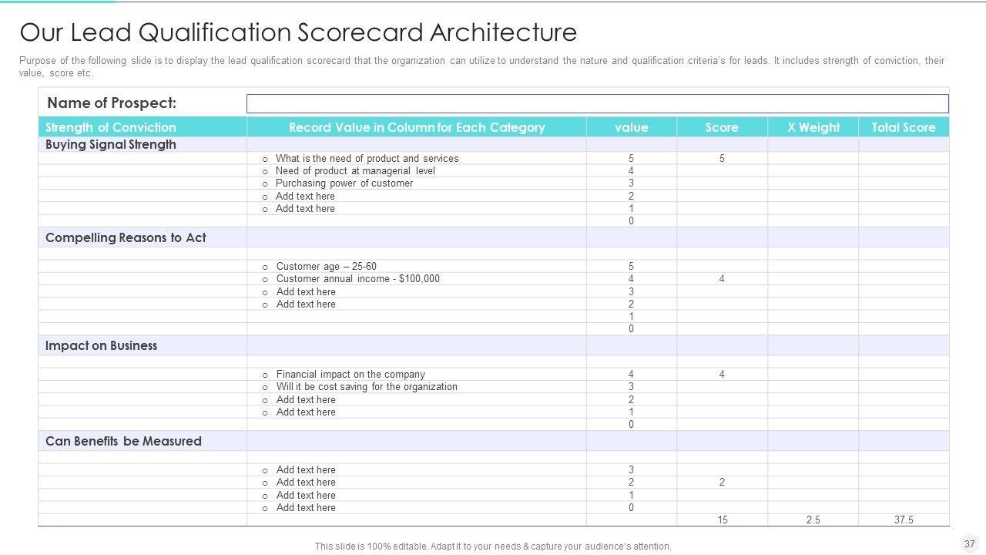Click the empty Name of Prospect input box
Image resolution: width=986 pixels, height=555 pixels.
click(x=597, y=104)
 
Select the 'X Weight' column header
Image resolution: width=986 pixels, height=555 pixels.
click(x=813, y=127)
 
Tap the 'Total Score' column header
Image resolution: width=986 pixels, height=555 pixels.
click(x=904, y=127)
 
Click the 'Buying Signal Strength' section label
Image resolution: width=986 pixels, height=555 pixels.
click(x=111, y=145)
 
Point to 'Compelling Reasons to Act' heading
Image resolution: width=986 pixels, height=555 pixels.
click(x=126, y=237)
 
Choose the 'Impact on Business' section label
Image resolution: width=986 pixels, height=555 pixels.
click(x=101, y=345)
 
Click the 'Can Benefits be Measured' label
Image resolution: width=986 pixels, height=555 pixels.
click(x=123, y=441)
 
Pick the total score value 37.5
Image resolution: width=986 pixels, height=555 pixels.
click(x=904, y=520)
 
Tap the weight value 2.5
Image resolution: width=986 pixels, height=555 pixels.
click(x=813, y=520)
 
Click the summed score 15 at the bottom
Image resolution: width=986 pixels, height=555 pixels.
click(x=722, y=520)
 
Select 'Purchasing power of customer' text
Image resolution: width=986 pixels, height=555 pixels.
click(x=344, y=183)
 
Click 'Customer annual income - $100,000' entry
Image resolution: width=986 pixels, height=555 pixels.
click(x=357, y=279)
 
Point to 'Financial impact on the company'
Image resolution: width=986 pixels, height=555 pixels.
click(x=350, y=375)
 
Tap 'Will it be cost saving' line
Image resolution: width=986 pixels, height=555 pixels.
click(x=367, y=387)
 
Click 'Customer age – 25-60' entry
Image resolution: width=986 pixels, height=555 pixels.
click(x=326, y=267)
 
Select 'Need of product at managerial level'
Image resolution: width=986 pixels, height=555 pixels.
click(x=355, y=171)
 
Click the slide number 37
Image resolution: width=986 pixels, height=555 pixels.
click(x=969, y=543)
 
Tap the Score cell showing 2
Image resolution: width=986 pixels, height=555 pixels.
click(x=722, y=483)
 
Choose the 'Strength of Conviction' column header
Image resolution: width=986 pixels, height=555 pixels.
click(x=111, y=127)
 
